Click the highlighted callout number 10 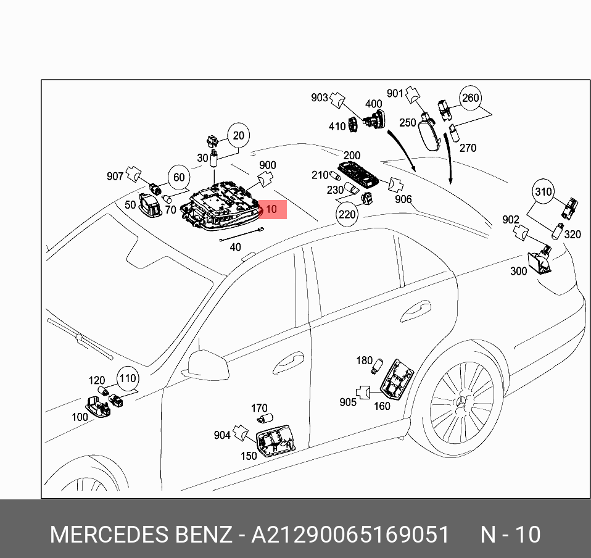pos(271,210)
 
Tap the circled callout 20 pos(239,135)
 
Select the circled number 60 pos(178,178)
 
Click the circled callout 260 pos(470,98)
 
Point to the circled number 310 pos(543,192)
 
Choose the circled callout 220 pos(347,214)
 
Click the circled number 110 pos(127,378)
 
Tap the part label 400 pos(374,104)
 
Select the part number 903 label pos(320,98)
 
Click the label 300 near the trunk pos(518,271)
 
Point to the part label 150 pos(249,456)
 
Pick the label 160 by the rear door pos(382,406)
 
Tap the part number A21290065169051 pos(350,535)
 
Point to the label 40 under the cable pos(235,248)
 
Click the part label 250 pos(407,123)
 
